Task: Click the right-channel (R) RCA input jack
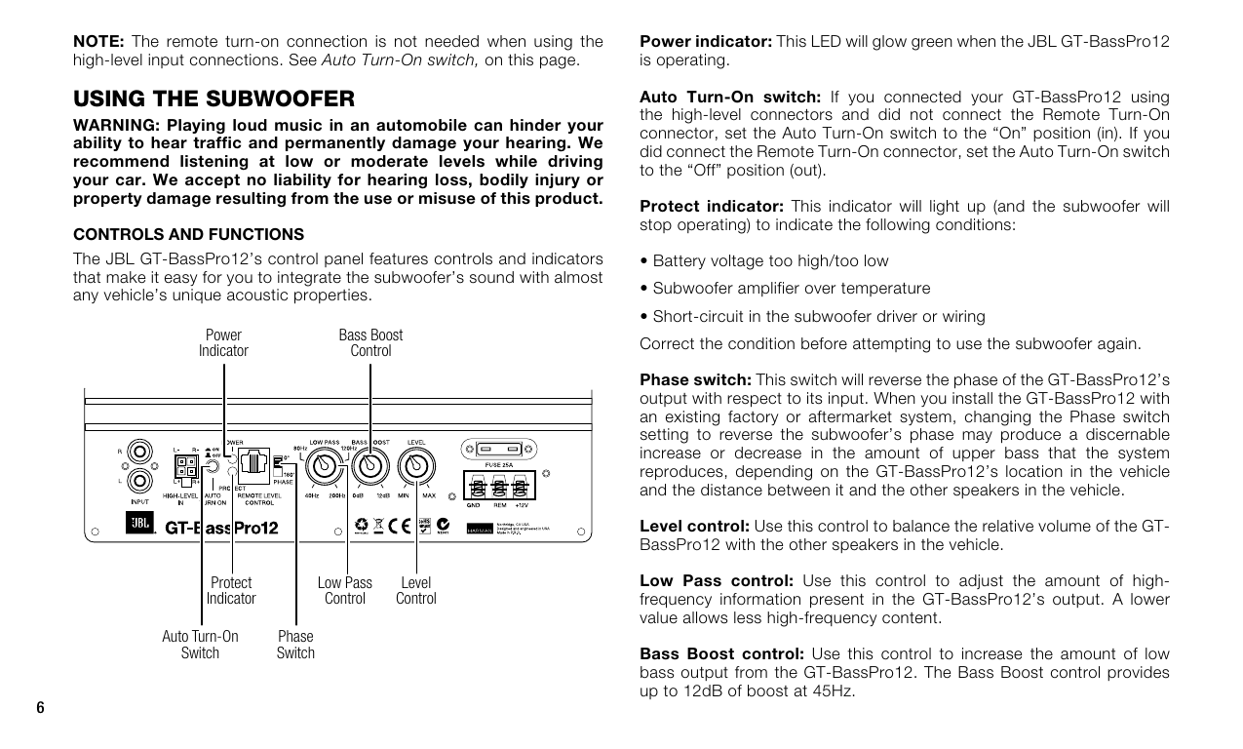[139, 453]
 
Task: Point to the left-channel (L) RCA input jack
[139, 481]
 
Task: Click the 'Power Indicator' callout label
[223, 342]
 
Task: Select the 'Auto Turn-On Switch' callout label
[200, 645]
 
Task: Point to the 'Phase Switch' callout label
[295, 645]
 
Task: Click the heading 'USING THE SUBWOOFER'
[214, 99]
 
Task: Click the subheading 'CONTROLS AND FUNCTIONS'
[189, 234]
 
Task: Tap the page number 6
[40, 707]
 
